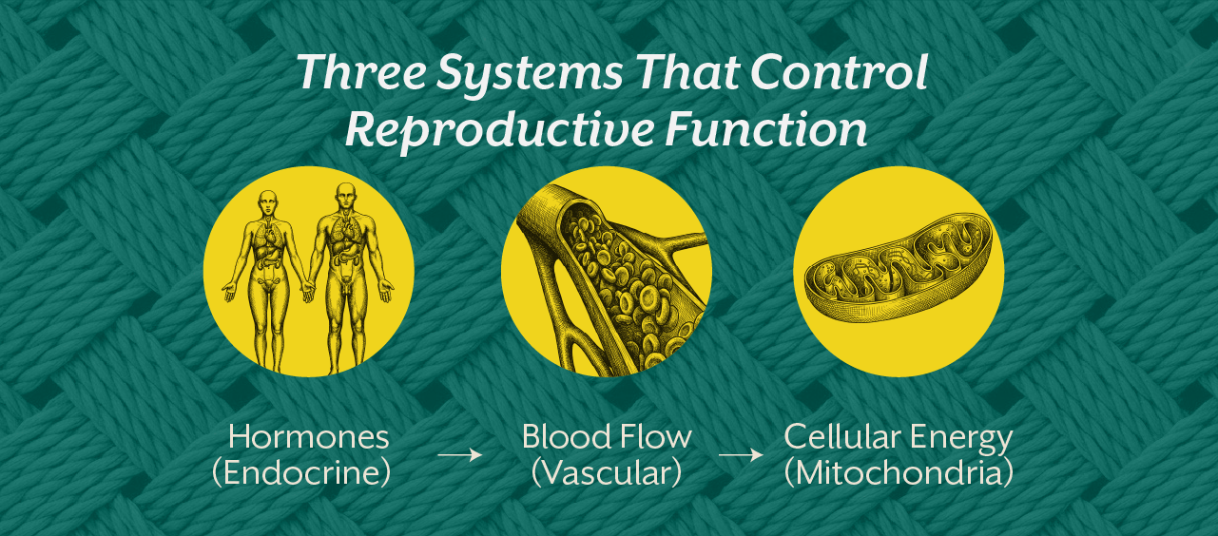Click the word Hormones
point(309,437)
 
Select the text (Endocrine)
point(301,472)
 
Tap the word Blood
point(565,437)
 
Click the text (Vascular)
point(606,472)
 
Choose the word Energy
point(964,438)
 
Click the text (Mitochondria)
point(898,472)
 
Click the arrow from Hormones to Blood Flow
point(460,455)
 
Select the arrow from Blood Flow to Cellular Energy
point(741,455)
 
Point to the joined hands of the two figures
point(308,290)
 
